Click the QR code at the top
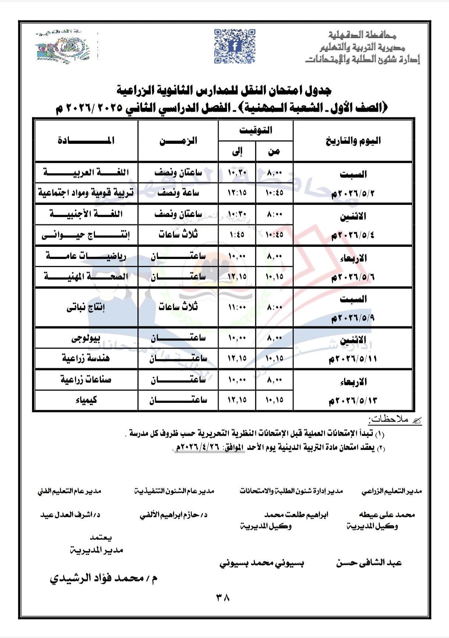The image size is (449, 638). click(x=234, y=46)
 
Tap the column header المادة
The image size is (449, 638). click(x=86, y=141)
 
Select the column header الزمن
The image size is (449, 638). click(x=178, y=141)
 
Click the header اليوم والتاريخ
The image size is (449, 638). click(x=353, y=141)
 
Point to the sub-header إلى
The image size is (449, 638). click(x=237, y=151)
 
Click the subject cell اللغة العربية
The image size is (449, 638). click(x=86, y=172)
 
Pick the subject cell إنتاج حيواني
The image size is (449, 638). click(x=86, y=235)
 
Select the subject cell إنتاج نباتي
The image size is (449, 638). click(x=86, y=307)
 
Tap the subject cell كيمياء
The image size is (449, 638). click(x=86, y=400)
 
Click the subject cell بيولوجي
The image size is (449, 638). click(x=86, y=338)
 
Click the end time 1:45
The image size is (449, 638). click(x=237, y=235)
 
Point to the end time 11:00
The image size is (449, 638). click(x=237, y=307)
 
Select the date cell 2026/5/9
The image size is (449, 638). click(x=353, y=318)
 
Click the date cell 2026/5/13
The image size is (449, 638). click(x=353, y=400)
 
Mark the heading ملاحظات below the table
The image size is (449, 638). click(x=389, y=419)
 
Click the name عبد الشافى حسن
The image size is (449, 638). click(x=369, y=563)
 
